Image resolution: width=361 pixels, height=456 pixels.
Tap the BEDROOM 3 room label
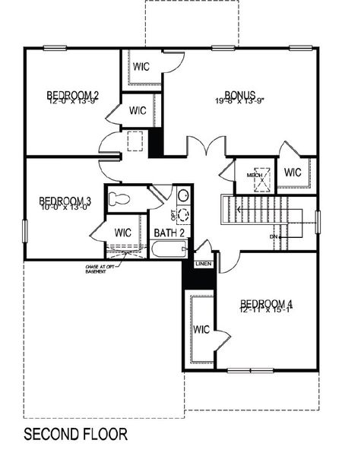(x=65, y=201)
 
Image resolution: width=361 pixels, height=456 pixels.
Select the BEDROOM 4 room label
(x=266, y=303)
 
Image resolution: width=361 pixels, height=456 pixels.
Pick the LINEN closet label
(x=204, y=263)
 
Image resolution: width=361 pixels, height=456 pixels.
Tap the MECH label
(x=254, y=176)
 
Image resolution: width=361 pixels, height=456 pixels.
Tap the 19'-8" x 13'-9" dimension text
(x=239, y=102)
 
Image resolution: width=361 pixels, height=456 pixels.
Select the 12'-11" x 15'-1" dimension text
(x=266, y=310)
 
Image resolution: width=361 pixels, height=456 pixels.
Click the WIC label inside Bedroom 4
(x=201, y=330)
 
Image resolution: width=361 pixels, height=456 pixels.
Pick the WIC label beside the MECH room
(x=293, y=173)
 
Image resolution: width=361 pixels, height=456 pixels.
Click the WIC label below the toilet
(x=123, y=232)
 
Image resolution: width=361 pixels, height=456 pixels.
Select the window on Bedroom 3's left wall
(x=25, y=230)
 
